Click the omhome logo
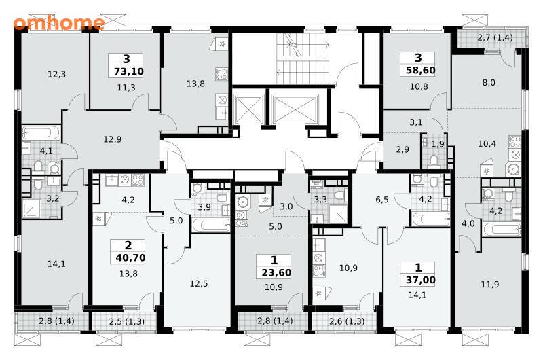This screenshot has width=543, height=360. pyautogui.click(x=59, y=22)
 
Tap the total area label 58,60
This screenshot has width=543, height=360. pyautogui.click(x=420, y=71)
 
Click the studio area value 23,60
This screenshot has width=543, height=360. pyautogui.click(x=276, y=272)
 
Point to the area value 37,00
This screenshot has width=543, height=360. pyautogui.click(x=420, y=280)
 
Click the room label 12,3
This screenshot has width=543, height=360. pyautogui.click(x=57, y=74)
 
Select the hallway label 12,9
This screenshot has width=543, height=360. pyautogui.click(x=113, y=139)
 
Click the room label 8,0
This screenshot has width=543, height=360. pyautogui.click(x=489, y=82)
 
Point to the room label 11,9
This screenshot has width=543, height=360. pyautogui.click(x=490, y=285)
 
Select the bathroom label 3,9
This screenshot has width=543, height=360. pyautogui.click(x=204, y=207)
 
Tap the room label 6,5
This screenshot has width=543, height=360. pyautogui.click(x=382, y=200)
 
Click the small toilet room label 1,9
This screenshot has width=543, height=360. pyautogui.click(x=438, y=144)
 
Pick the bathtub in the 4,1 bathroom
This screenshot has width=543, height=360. pyautogui.click(x=41, y=132)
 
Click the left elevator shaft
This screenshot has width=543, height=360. pyautogui.click(x=248, y=109)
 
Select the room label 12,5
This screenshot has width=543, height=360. pyautogui.click(x=199, y=284)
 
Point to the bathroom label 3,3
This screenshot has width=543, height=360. pyautogui.click(x=320, y=200)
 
